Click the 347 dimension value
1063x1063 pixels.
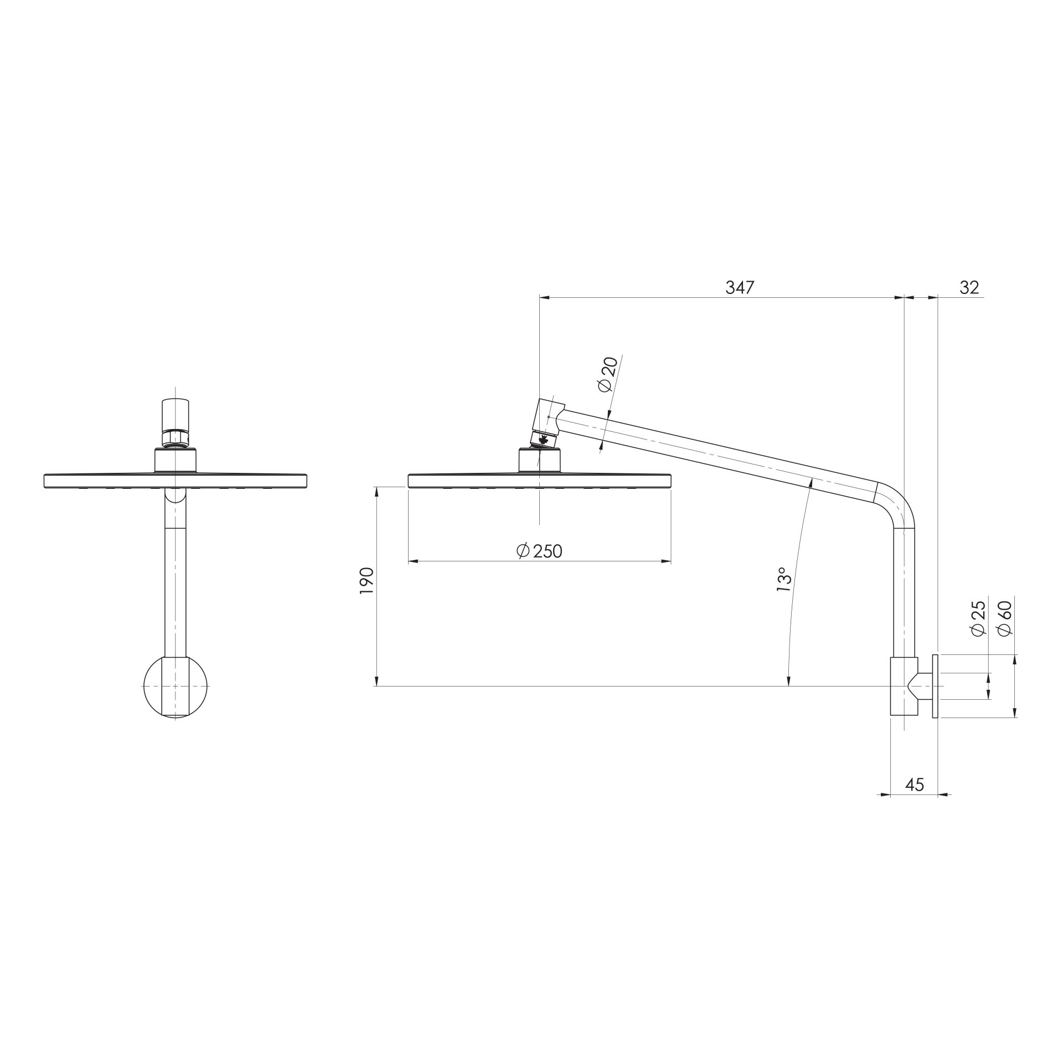tap(740, 288)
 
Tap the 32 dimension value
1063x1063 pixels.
tap(969, 288)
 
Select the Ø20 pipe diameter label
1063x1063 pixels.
tap(608, 375)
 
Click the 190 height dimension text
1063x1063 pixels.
tap(367, 581)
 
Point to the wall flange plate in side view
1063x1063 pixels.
tap(935, 687)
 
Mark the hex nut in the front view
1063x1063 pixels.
tap(175, 440)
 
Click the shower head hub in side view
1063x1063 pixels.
tap(539, 461)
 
